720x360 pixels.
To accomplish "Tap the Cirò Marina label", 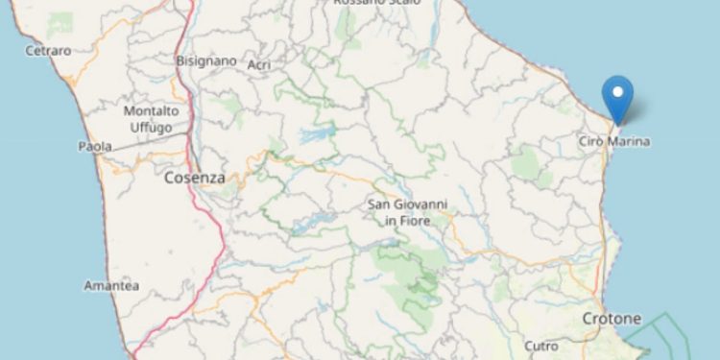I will tap(614, 142).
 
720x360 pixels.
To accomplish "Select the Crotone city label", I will tap(612, 318).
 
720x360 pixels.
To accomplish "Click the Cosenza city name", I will tap(194, 178).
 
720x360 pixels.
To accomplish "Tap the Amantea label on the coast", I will tap(111, 286).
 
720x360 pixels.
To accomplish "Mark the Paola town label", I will tap(95, 147).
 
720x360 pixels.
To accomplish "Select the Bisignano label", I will tap(205, 60).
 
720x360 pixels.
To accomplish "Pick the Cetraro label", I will tap(48, 50).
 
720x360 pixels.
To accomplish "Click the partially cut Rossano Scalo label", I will tap(372, 3).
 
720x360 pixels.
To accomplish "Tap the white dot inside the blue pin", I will tap(616, 93).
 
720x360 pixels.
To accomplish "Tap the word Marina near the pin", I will tap(631, 142).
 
